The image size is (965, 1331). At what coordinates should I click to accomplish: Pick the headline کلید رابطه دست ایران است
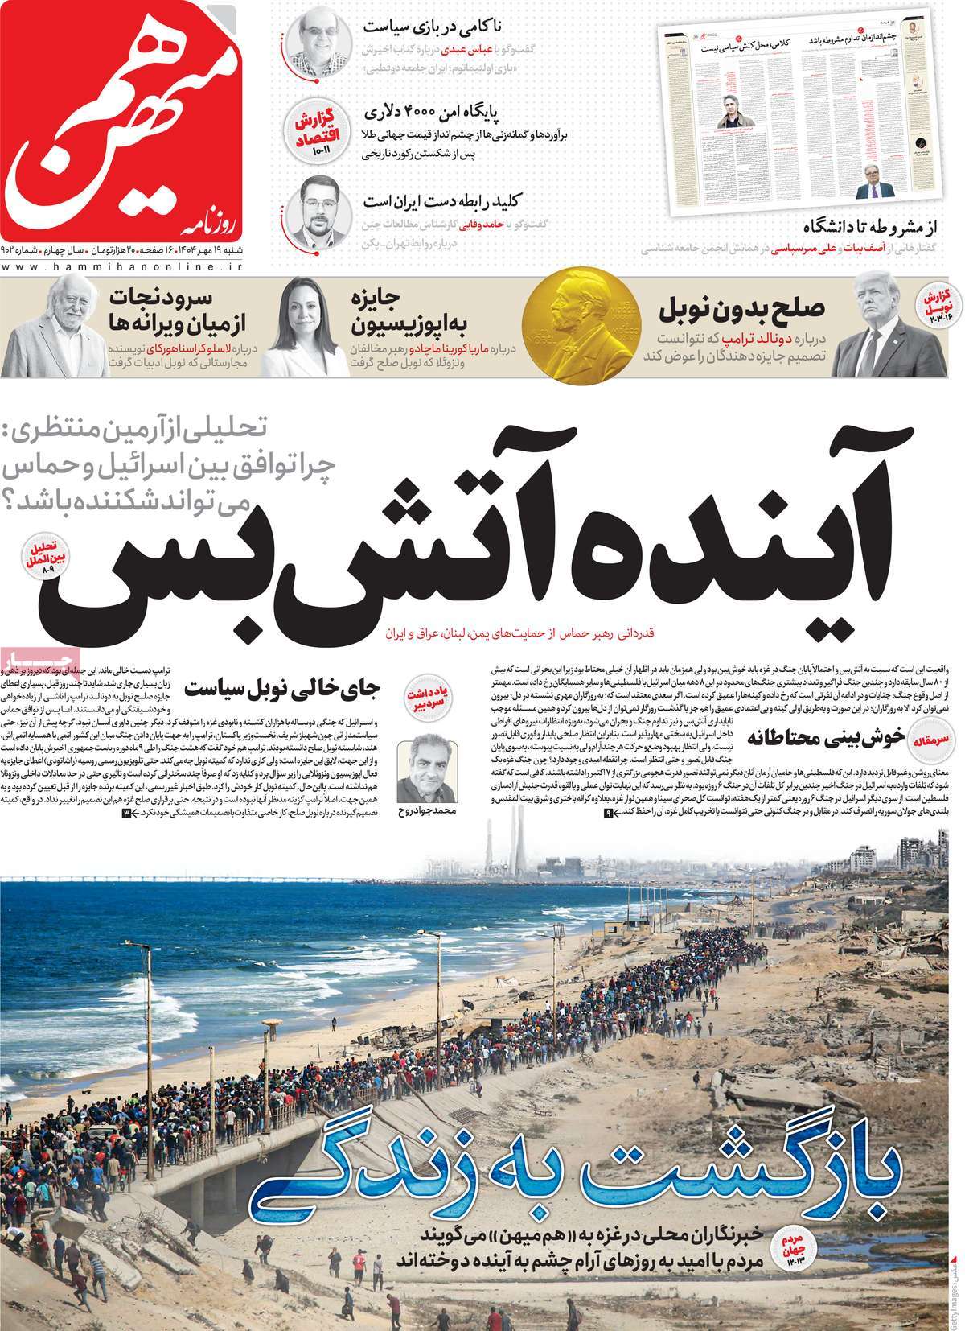(x=419, y=197)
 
